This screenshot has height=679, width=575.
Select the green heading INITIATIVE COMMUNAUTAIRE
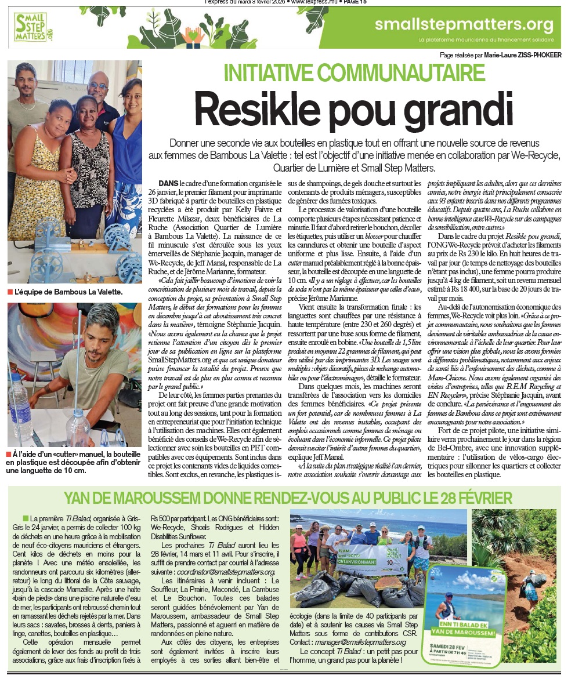tap(355, 72)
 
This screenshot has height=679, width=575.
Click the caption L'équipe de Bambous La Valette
tap(68, 292)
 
